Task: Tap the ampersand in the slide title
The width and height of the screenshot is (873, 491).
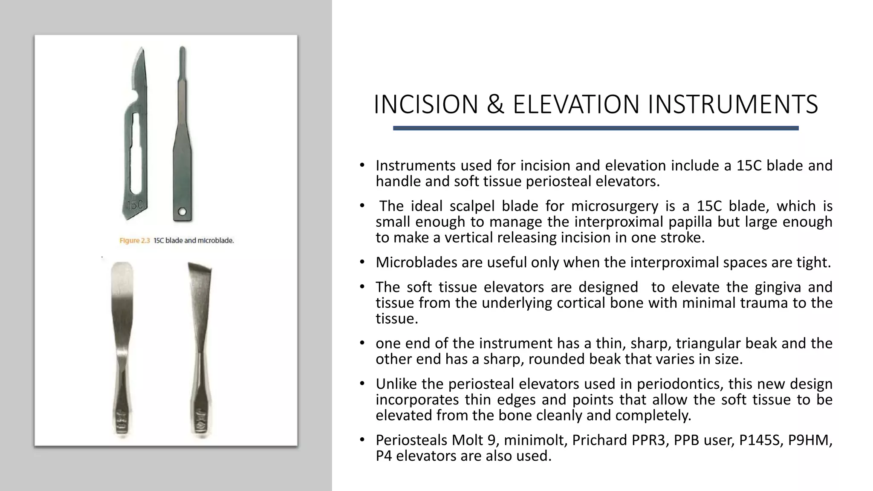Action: pos(495,104)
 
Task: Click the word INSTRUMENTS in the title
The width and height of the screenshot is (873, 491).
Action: pos(733,104)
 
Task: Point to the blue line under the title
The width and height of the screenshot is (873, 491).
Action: pos(595,128)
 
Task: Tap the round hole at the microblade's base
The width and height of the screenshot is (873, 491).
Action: pos(182,212)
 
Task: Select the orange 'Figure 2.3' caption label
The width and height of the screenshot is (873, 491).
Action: pos(135,241)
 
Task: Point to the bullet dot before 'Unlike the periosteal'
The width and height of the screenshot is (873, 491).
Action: pos(362,384)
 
